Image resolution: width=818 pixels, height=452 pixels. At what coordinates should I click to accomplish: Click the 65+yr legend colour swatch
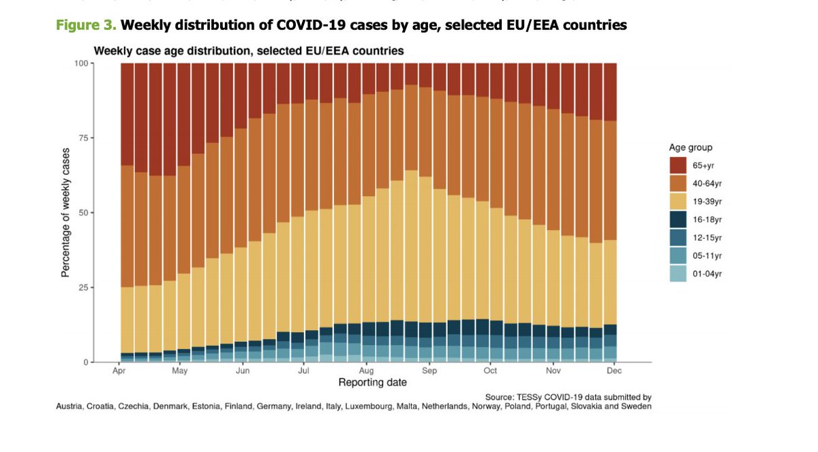(x=678, y=166)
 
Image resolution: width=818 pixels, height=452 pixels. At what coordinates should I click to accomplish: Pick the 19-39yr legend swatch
(x=678, y=202)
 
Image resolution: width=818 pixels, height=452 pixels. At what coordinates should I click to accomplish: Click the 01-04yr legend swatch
(x=678, y=273)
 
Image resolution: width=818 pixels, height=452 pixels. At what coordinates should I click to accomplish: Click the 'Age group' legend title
(x=690, y=148)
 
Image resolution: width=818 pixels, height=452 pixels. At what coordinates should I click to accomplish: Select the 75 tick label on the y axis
(x=85, y=138)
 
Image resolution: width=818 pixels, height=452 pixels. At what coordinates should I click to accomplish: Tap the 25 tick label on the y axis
(x=85, y=287)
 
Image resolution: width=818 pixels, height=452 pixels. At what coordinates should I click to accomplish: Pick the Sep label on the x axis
(x=429, y=372)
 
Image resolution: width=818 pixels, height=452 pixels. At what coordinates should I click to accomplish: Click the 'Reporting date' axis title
(x=372, y=383)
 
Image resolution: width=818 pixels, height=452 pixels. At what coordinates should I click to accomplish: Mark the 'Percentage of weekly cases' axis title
(x=65, y=212)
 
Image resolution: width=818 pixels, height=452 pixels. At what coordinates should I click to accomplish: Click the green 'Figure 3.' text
(x=86, y=25)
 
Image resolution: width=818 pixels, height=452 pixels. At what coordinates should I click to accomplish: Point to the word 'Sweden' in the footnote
(x=635, y=406)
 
